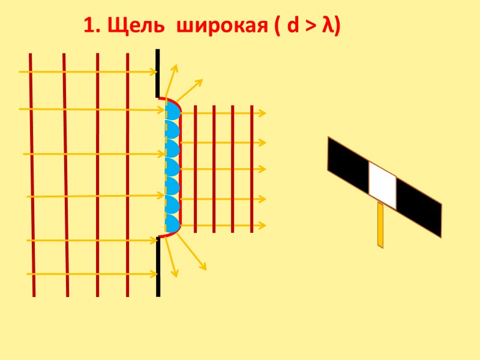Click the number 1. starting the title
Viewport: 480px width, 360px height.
[x=91, y=26]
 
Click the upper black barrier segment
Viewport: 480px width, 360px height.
[x=157, y=73]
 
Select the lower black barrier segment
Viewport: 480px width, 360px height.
[x=158, y=266]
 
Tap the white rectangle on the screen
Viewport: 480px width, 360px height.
[x=382, y=186]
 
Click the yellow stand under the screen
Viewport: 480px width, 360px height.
[x=380, y=225]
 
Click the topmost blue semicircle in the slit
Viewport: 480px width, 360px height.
[x=173, y=110]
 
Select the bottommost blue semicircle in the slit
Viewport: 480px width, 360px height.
[x=173, y=224]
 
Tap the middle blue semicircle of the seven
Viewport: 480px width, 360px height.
[x=173, y=167]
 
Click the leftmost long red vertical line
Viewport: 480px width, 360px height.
[x=32, y=174]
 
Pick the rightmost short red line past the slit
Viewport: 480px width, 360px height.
[x=252, y=168]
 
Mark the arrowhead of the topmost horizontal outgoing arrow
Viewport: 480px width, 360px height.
[x=263, y=112]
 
